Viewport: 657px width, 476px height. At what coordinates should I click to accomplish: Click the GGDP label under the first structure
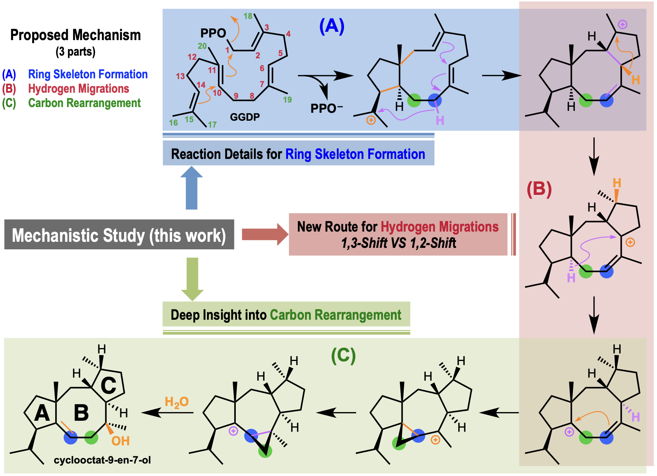point(245,117)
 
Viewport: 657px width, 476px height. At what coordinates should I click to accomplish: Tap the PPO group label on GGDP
point(213,33)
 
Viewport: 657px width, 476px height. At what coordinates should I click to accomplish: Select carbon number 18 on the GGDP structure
point(248,16)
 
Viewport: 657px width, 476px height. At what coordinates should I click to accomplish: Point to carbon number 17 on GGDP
point(212,124)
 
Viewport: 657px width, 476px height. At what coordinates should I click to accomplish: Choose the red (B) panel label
point(539,189)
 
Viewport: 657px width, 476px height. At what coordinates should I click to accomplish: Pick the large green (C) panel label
point(343,356)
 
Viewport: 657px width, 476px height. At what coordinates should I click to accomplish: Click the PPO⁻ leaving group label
point(326,109)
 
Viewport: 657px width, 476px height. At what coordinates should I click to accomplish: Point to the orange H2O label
point(176,402)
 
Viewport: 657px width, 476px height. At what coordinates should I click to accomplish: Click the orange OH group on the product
point(120,441)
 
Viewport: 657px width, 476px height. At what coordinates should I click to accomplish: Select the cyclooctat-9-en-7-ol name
point(102,460)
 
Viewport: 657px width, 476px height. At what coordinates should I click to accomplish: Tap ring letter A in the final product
point(42,413)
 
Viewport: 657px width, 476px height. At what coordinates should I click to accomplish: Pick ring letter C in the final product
point(108,386)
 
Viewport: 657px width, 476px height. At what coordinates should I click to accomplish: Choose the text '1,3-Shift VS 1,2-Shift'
point(399,243)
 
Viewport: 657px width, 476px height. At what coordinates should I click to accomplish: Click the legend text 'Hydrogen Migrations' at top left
point(79,89)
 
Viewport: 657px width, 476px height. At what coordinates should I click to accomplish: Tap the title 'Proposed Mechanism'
point(75,35)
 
